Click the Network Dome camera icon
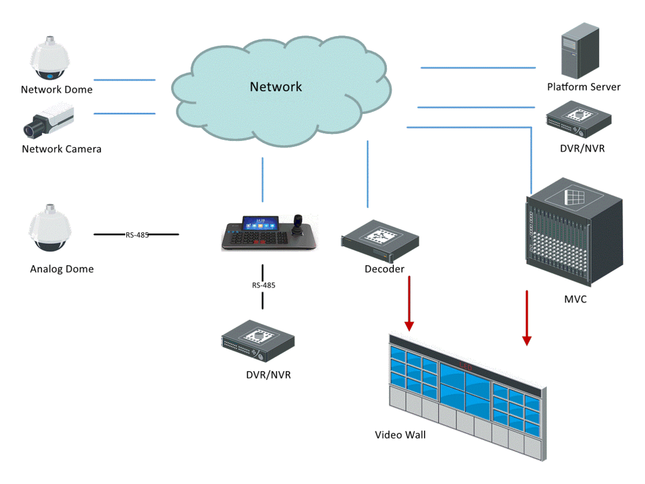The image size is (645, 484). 49,58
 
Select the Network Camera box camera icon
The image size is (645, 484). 48,120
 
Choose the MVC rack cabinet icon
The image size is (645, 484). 574,232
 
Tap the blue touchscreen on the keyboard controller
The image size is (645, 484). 260,223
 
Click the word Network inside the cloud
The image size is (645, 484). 276,87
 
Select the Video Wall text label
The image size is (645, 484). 400,435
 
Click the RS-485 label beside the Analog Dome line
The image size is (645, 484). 137,235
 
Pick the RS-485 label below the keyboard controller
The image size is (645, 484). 263,286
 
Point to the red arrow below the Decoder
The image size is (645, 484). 410,303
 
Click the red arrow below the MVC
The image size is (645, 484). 527,318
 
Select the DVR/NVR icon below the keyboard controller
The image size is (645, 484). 258,341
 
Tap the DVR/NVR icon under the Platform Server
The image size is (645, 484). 579,119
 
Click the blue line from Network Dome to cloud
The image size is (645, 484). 125,80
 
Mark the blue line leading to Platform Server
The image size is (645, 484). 478,68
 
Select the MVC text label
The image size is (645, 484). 575,299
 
